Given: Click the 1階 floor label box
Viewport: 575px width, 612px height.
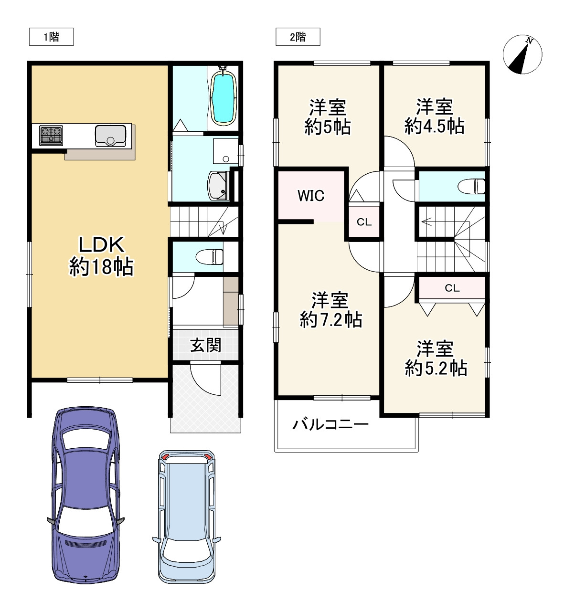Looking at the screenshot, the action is pyautogui.click(x=51, y=37).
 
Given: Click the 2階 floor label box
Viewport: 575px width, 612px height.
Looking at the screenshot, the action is pyautogui.click(x=298, y=37).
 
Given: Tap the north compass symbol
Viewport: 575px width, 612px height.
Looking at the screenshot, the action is pyautogui.click(x=522, y=54).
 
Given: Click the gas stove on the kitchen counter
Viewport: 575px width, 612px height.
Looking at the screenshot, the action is pyautogui.click(x=51, y=135).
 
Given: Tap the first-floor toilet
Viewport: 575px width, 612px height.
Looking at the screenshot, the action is pyautogui.click(x=210, y=257).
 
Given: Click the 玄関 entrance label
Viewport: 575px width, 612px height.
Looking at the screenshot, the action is pyautogui.click(x=205, y=345).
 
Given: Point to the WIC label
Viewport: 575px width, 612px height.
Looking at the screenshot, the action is pyautogui.click(x=311, y=196).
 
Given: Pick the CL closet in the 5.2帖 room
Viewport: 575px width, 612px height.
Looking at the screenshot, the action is pyautogui.click(x=452, y=288).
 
